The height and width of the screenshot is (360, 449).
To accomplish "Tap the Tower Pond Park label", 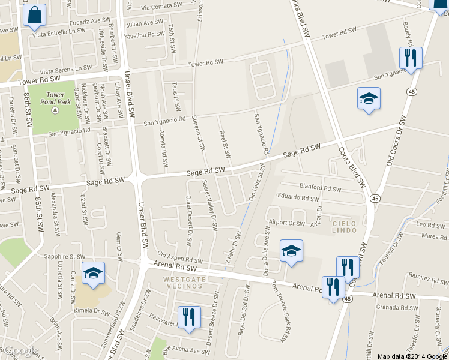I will click(x=55, y=98).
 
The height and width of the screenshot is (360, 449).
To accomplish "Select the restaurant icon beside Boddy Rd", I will click(x=411, y=58).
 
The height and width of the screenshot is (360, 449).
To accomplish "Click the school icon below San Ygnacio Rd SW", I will click(x=369, y=98).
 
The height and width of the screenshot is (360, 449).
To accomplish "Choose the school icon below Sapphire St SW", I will click(x=93, y=273).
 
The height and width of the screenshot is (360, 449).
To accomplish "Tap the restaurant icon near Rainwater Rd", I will click(x=189, y=317).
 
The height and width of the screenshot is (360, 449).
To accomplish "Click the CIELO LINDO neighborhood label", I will click(x=346, y=227).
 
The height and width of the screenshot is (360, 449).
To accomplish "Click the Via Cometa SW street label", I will click(x=162, y=6).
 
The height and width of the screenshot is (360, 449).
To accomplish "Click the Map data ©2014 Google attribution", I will click(x=412, y=356).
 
